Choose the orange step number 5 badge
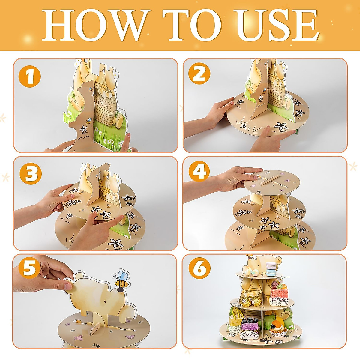tap(29, 268)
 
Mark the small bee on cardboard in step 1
tap(88, 121)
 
